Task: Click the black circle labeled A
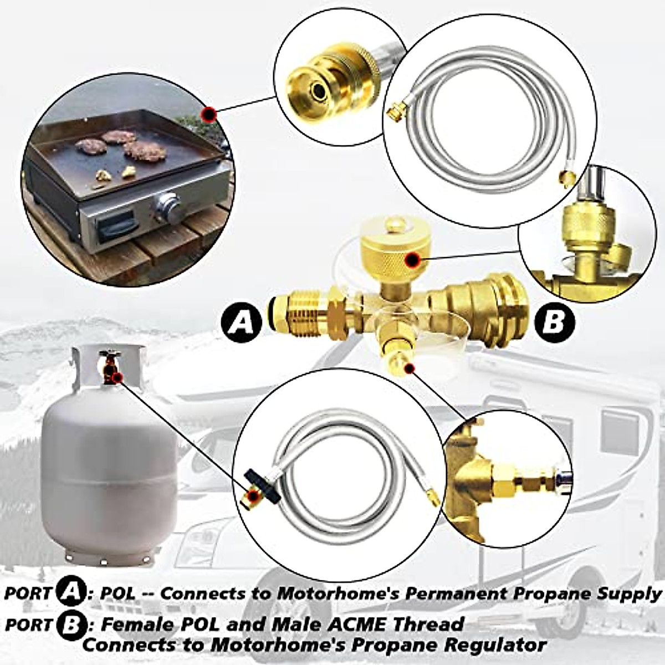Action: click(x=241, y=321)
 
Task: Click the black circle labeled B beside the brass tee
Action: click(x=553, y=321)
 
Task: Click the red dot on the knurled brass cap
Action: click(x=411, y=259)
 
